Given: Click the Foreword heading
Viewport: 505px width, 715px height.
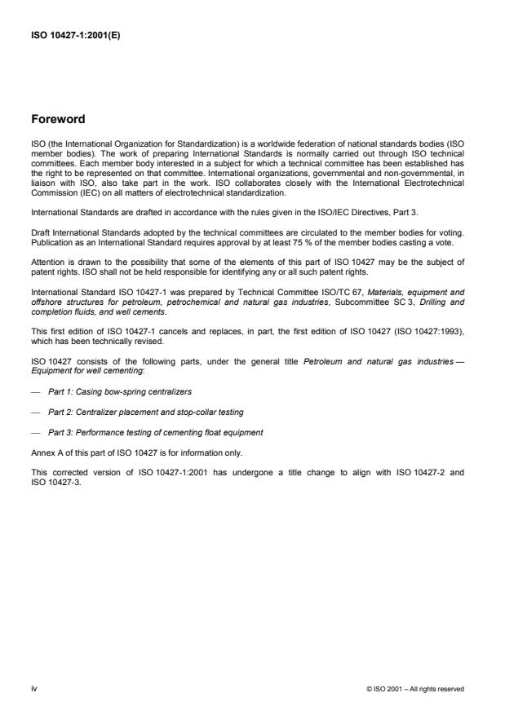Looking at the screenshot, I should click(x=57, y=119).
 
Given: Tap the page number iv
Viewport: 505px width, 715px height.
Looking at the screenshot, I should click(x=34, y=688).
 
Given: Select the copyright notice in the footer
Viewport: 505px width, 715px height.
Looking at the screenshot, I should click(x=416, y=689).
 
